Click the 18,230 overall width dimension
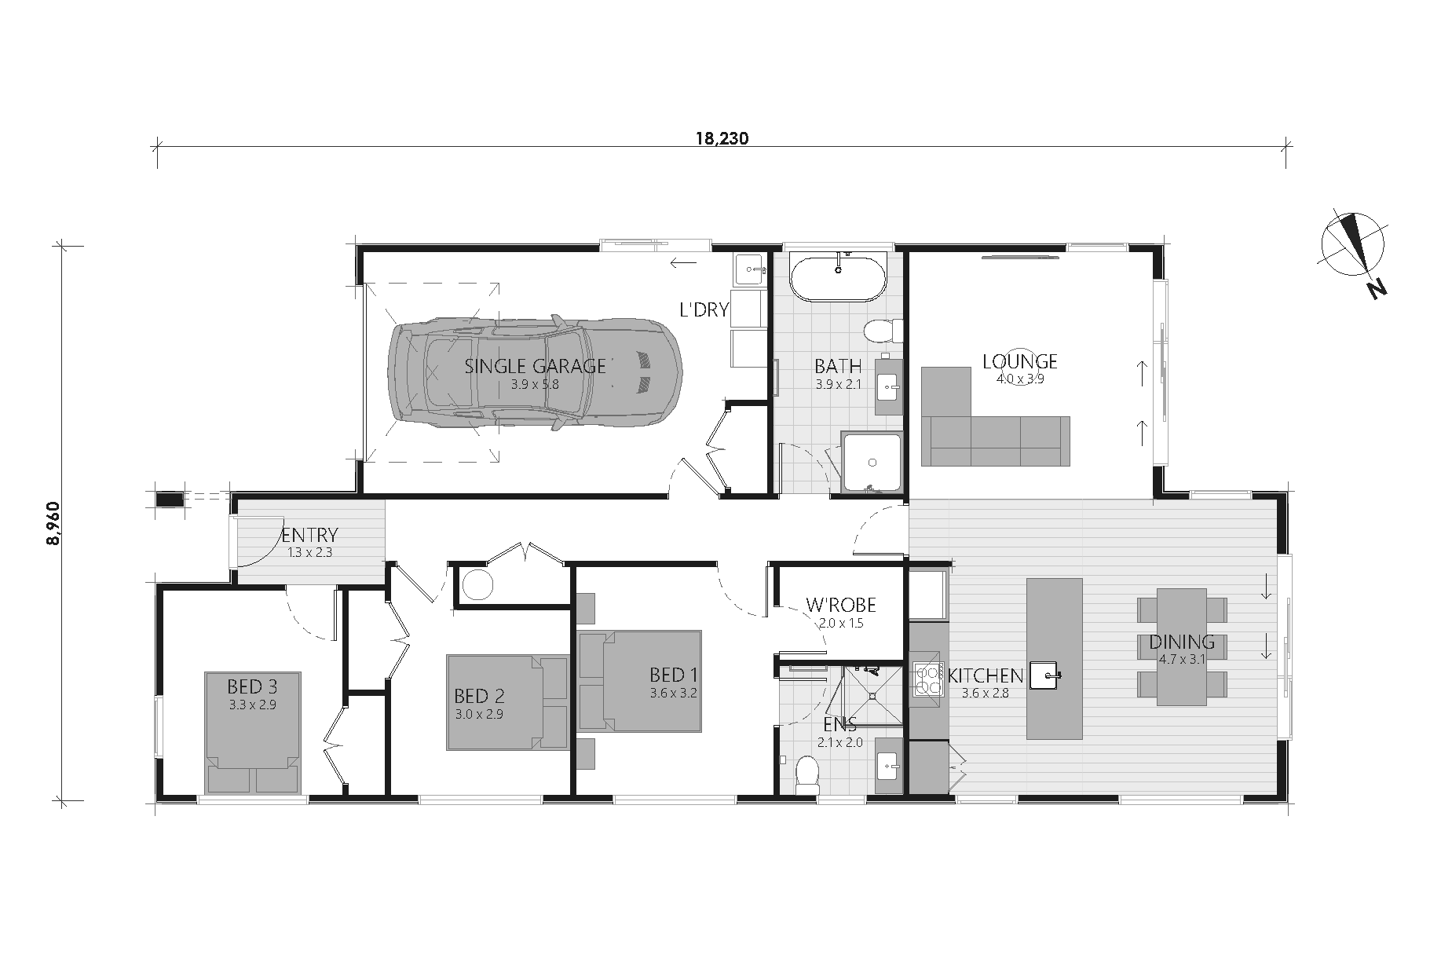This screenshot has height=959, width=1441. [722, 139]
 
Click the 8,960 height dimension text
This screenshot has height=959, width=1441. [52, 522]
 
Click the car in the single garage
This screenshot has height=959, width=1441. [536, 374]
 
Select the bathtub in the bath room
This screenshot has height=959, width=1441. [838, 277]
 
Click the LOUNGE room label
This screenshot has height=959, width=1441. [1020, 361]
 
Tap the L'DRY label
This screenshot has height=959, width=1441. [704, 309]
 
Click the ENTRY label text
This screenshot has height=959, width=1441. [309, 535]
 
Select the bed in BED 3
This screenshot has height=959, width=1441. [253, 732]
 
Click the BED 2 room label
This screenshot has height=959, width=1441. [479, 696]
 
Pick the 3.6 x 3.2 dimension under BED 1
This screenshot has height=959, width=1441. [673, 694]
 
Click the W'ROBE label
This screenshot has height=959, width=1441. [840, 606]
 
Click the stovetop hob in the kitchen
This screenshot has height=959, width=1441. [927, 680]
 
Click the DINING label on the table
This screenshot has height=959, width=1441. [1182, 642]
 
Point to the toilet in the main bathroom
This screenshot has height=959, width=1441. [880, 331]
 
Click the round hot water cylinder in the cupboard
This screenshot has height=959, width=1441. [476, 584]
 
